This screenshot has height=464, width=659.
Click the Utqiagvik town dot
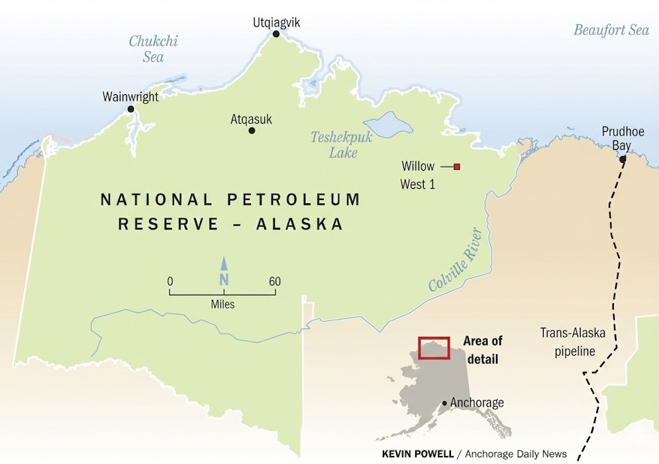(276, 34)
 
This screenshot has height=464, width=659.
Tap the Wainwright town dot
(130, 109)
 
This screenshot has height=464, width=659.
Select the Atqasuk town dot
(252, 130)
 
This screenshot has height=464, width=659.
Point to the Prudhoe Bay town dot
(622, 160)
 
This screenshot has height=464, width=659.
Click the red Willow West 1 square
(456, 167)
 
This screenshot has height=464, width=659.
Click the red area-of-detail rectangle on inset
(434, 348)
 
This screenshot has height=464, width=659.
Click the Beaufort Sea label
(611, 30)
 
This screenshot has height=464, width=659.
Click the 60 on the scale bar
(274, 281)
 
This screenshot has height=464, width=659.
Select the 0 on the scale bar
(170, 281)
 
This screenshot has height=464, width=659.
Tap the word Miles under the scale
(223, 304)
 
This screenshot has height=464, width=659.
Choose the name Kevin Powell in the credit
(417, 453)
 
